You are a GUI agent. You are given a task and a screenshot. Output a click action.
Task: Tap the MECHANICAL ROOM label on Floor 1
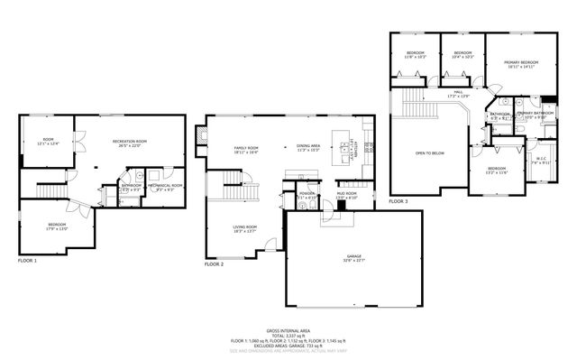tap(165, 187)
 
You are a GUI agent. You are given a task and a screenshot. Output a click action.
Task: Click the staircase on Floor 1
tap(47, 190)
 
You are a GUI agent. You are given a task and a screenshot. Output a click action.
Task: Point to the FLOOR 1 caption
tap(28, 260)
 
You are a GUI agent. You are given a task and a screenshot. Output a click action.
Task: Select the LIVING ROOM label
tap(245, 229)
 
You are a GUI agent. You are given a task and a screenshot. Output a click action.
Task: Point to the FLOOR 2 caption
tap(215, 264)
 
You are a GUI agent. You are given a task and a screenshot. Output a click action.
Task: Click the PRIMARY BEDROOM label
tap(520, 64)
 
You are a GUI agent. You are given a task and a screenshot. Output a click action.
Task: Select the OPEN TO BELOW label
tap(429, 153)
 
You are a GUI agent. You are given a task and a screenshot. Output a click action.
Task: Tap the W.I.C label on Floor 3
tap(541, 162)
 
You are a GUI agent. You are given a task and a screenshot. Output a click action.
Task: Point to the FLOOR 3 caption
tap(398, 201)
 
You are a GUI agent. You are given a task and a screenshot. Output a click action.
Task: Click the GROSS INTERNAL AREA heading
tap(288, 331)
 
